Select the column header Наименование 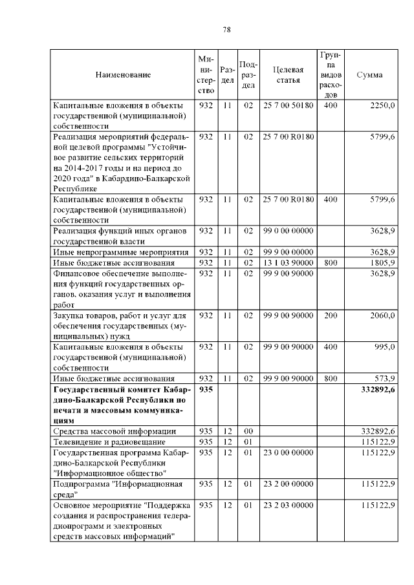(123, 75)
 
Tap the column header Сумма (369, 75)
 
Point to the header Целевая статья (289, 75)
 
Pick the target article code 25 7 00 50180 (289, 105)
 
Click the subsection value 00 (248, 431)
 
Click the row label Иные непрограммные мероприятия (120, 252)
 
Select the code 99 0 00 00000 (289, 231)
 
